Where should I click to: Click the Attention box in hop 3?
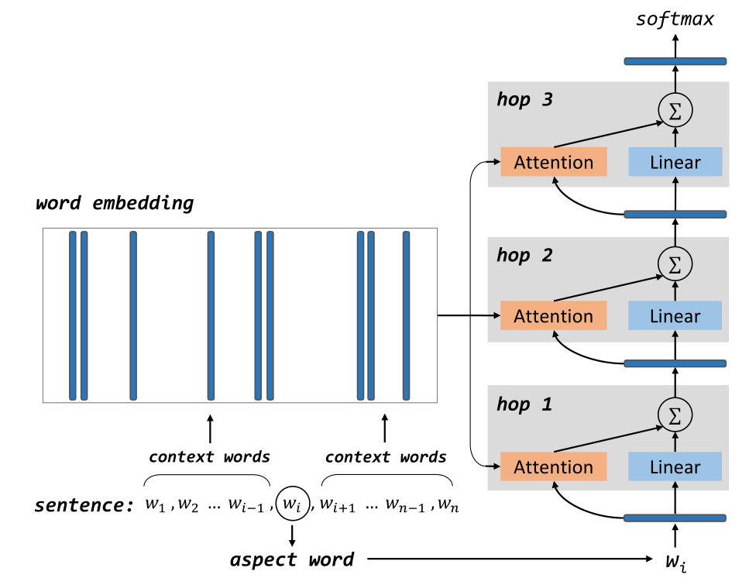(x=554, y=162)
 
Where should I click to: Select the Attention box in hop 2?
(x=554, y=316)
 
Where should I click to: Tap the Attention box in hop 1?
(x=554, y=467)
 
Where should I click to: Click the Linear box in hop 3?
(x=675, y=162)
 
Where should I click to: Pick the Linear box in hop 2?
(x=675, y=316)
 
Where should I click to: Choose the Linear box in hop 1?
(x=675, y=467)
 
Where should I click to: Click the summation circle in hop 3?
(x=675, y=112)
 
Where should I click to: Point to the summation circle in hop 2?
(x=675, y=265)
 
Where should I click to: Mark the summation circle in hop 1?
(x=675, y=416)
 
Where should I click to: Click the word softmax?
(x=675, y=19)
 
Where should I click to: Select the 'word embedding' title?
(x=115, y=204)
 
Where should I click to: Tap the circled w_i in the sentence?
(x=291, y=505)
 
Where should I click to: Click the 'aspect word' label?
(x=291, y=559)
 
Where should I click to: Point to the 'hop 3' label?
(x=525, y=100)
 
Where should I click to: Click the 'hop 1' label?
(x=524, y=404)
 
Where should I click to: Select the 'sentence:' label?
(x=84, y=506)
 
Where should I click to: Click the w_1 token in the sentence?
(x=158, y=506)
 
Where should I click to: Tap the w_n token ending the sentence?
(x=448, y=506)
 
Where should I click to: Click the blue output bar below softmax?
(x=675, y=61)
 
